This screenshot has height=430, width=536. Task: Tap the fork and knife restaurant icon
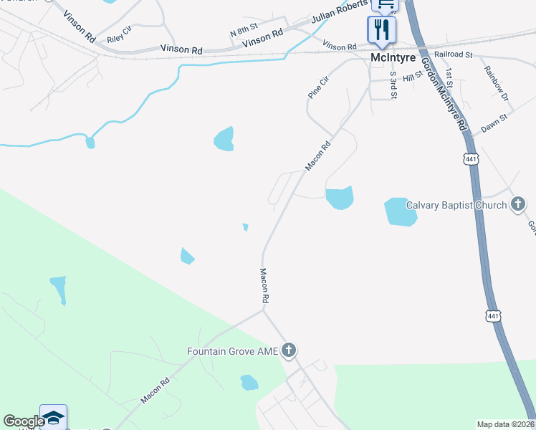click(381, 29)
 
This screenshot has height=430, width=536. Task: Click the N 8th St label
click(243, 32)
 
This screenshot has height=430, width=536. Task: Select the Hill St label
click(413, 77)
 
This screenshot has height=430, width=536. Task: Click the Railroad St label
click(453, 54)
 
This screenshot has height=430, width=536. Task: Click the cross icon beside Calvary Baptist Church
click(518, 205)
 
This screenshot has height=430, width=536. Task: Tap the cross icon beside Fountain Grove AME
click(289, 350)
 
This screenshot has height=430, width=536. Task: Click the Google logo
click(23, 421)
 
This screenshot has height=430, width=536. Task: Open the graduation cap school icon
click(53, 417)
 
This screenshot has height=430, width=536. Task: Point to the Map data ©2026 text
click(505, 424)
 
